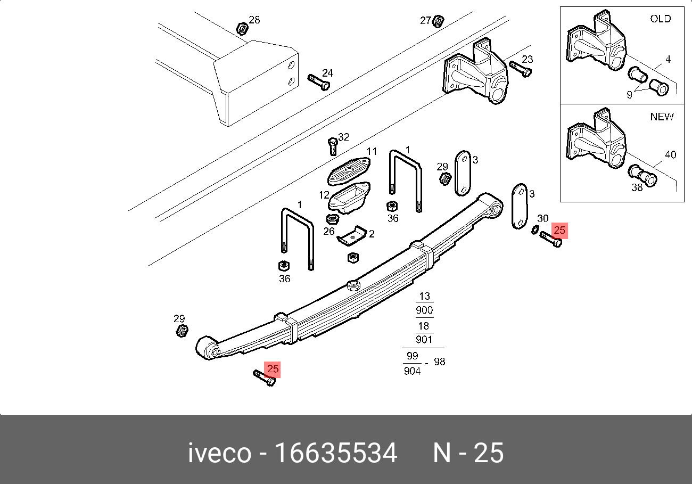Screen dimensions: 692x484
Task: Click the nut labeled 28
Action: coord(242,29)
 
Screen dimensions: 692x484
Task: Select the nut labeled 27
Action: coord(438,21)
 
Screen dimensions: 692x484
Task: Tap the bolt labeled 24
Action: coord(318,82)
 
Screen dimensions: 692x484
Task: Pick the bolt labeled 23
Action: coord(520,69)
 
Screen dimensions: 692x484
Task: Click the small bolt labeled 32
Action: coord(332,146)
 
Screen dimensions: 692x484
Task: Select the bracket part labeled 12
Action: coord(349,197)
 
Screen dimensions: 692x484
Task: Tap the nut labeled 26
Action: coord(332,219)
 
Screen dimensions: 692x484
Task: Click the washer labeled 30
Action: coord(535,229)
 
